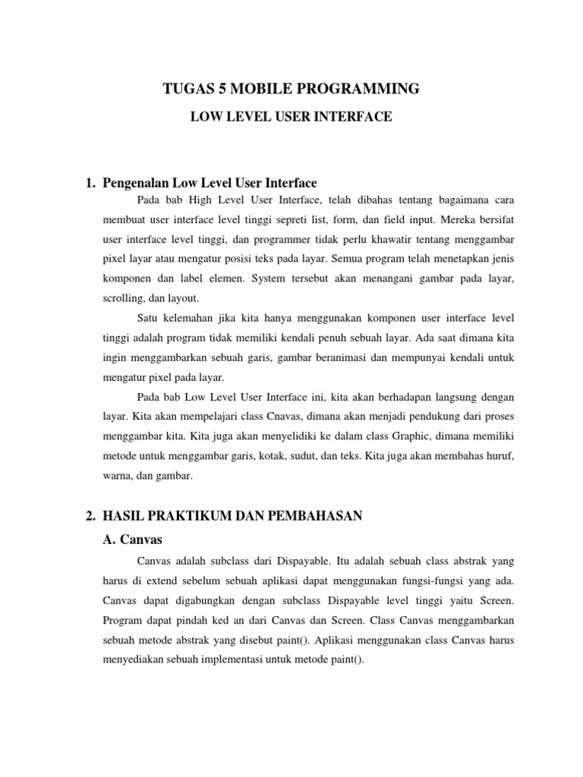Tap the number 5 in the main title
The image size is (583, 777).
[x=219, y=90]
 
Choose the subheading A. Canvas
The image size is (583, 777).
[x=132, y=539]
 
